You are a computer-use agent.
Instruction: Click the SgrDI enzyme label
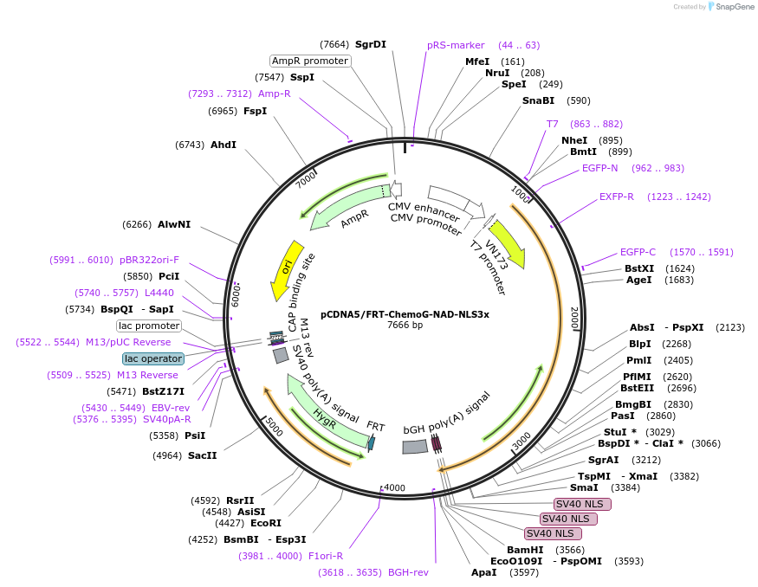(371, 44)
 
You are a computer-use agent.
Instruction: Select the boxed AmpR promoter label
(310, 61)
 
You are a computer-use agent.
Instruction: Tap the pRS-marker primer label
(456, 45)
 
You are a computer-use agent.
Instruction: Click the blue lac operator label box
(153, 358)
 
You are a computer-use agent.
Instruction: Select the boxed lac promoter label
(149, 326)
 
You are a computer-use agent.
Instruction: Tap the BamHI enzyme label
(525, 550)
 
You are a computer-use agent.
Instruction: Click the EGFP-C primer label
(638, 252)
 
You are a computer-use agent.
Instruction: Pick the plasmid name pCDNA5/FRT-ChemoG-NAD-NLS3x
(405, 314)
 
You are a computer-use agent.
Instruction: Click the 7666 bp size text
(405, 326)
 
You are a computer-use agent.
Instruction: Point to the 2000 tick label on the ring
(573, 316)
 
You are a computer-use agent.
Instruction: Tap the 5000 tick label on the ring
(275, 426)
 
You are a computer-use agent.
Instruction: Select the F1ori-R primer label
(326, 556)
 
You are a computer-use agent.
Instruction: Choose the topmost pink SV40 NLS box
(582, 504)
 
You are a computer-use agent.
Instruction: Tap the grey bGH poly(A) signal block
(415, 447)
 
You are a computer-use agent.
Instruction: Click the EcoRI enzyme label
(266, 523)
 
